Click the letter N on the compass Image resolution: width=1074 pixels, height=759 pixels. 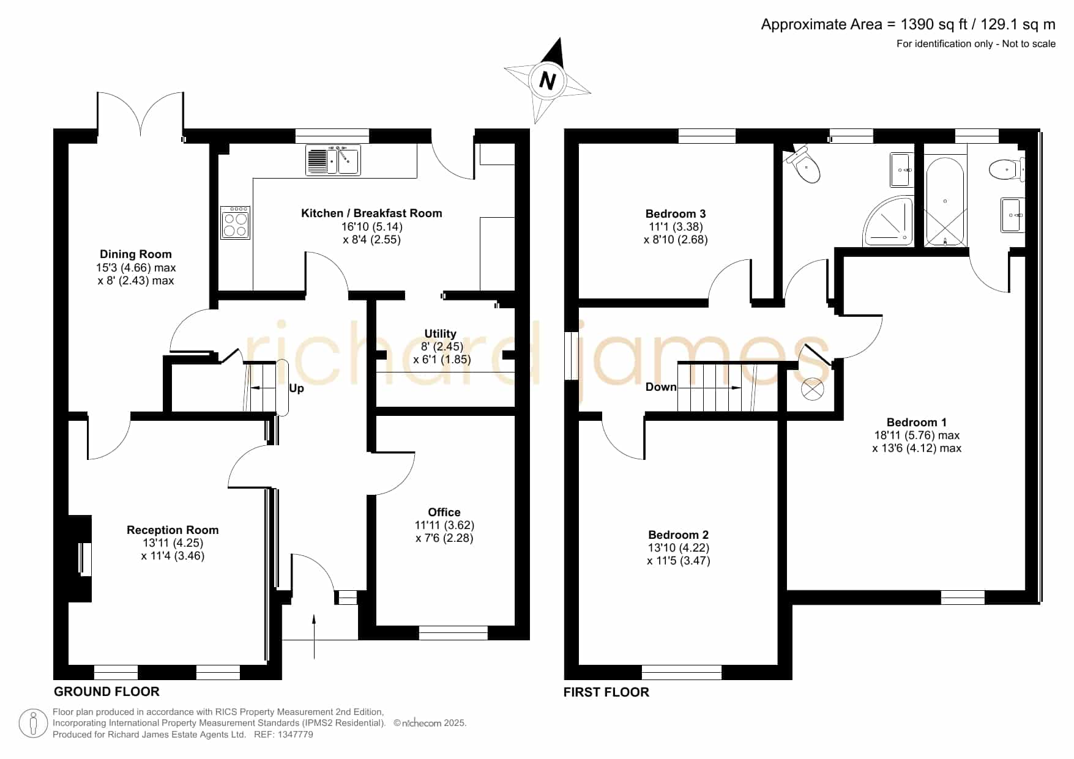[x=547, y=80]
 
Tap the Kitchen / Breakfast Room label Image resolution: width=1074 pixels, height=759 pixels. [x=371, y=213]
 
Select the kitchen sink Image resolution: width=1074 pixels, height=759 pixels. [x=333, y=160]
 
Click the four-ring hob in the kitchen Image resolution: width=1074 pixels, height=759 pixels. [x=236, y=223]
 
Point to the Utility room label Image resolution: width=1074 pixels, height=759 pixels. [x=441, y=333]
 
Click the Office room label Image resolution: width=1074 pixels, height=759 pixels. [x=444, y=512]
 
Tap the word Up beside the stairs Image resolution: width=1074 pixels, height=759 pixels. [x=296, y=388]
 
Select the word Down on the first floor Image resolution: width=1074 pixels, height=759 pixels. [x=661, y=387]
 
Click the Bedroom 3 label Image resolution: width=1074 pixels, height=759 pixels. [x=676, y=213]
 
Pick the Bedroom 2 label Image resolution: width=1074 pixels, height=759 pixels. [x=679, y=535]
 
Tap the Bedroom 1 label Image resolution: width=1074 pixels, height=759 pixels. [x=917, y=422]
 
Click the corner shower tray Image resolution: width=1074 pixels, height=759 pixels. [x=889, y=221]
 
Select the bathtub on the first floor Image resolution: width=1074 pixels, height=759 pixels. [x=945, y=201]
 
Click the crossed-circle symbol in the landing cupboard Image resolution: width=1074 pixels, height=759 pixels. [x=813, y=389]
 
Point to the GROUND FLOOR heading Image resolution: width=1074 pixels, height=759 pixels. [x=106, y=692]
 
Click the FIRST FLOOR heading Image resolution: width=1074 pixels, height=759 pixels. [x=606, y=692]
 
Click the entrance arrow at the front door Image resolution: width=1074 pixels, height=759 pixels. [x=314, y=637]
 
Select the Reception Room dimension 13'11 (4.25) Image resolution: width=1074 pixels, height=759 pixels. [x=173, y=542]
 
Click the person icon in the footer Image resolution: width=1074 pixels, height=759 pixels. [x=33, y=724]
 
